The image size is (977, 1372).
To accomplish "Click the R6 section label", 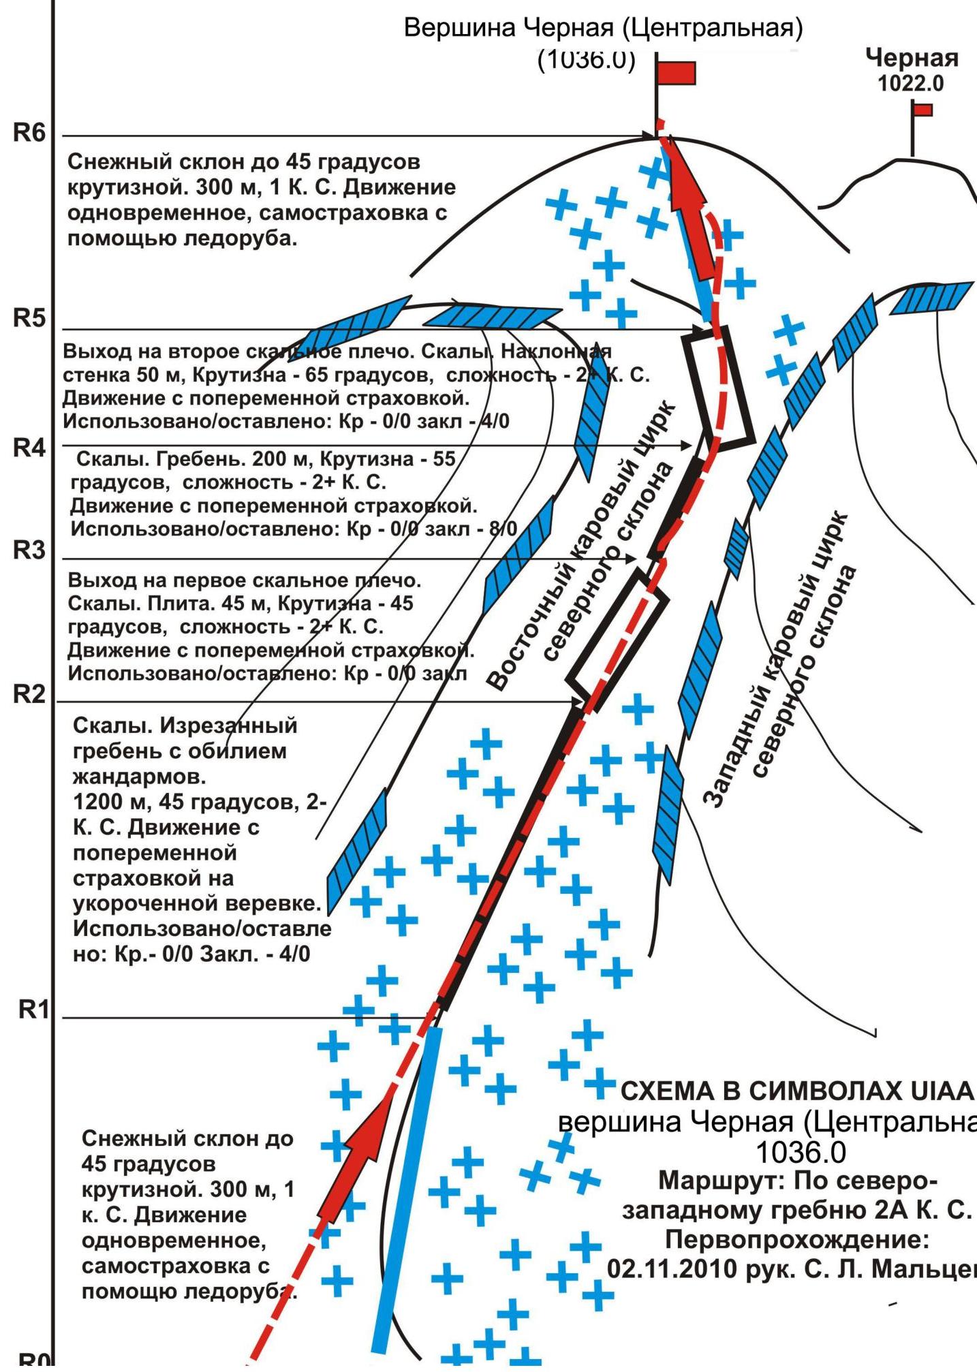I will [x=29, y=133].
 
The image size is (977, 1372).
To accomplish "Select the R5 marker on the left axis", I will [x=29, y=318].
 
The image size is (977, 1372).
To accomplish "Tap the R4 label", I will [x=29, y=448].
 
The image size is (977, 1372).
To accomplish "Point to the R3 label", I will [x=29, y=550].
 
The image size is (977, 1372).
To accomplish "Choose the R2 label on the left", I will [x=29, y=694].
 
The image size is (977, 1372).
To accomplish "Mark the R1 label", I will [x=33, y=1010].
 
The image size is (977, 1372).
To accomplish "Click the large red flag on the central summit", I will [x=676, y=73].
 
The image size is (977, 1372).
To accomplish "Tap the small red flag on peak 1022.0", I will [x=923, y=110].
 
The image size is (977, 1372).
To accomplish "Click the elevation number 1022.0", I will [x=911, y=84].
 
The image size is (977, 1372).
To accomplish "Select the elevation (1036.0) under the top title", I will [x=586, y=60].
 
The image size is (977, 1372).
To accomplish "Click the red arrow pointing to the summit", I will [x=694, y=218].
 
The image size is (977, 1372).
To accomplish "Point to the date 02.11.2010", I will [x=672, y=1268].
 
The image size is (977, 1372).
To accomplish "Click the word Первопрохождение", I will [x=796, y=1239].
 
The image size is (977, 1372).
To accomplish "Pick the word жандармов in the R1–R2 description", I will [x=138, y=777].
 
